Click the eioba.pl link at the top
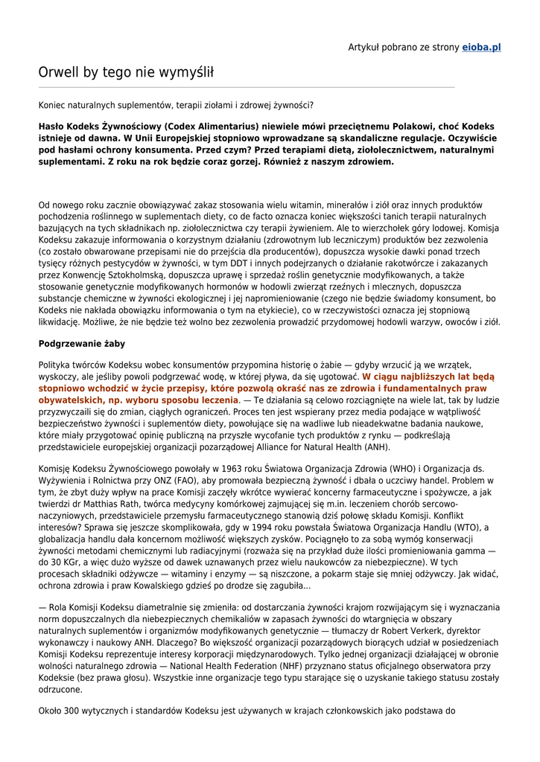tap(481, 47)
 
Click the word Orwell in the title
tap(59, 72)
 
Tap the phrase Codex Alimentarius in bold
tap(212, 127)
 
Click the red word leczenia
tap(214, 400)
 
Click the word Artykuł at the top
tap(365, 47)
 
